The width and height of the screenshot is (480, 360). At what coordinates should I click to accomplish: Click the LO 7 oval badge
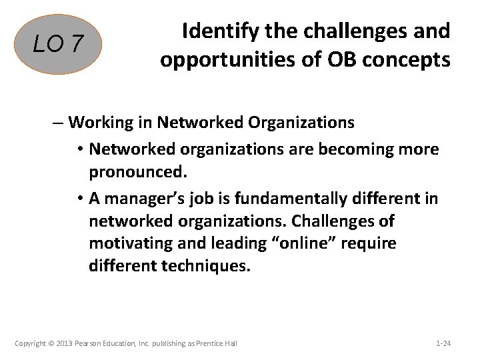click(x=59, y=45)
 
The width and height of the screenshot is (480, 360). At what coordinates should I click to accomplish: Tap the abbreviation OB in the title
click(x=337, y=60)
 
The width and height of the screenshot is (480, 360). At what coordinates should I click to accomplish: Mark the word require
click(x=371, y=244)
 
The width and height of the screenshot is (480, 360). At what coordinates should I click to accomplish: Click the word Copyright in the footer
click(x=31, y=343)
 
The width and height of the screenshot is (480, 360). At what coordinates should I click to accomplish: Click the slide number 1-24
click(x=443, y=343)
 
